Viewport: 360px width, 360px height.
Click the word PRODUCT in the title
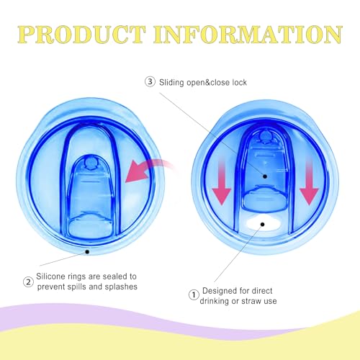click(82, 35)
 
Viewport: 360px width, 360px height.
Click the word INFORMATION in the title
click(248, 35)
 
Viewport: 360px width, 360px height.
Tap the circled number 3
click(150, 82)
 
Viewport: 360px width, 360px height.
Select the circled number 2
click(28, 282)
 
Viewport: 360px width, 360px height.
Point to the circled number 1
click(194, 294)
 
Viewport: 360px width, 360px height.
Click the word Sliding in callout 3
click(171, 83)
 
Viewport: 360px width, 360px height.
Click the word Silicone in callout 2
click(50, 276)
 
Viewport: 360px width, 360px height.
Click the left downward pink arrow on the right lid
click(221, 182)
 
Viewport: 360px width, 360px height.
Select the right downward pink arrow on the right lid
click(309, 182)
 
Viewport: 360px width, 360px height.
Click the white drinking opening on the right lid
click(263, 222)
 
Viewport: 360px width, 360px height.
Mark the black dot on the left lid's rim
click(87, 252)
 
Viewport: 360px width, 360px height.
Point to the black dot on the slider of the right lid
click(265, 176)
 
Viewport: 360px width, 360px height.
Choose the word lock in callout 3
click(239, 82)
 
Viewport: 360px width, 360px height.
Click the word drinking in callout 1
click(215, 301)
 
